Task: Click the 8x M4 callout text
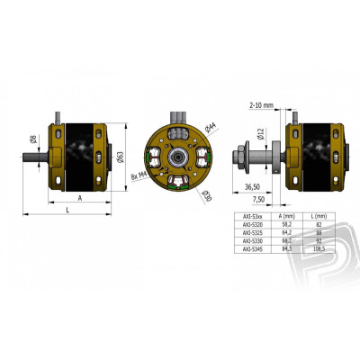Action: click(x=137, y=175)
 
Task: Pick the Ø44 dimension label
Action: click(x=208, y=126)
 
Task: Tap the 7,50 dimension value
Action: click(x=258, y=200)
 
